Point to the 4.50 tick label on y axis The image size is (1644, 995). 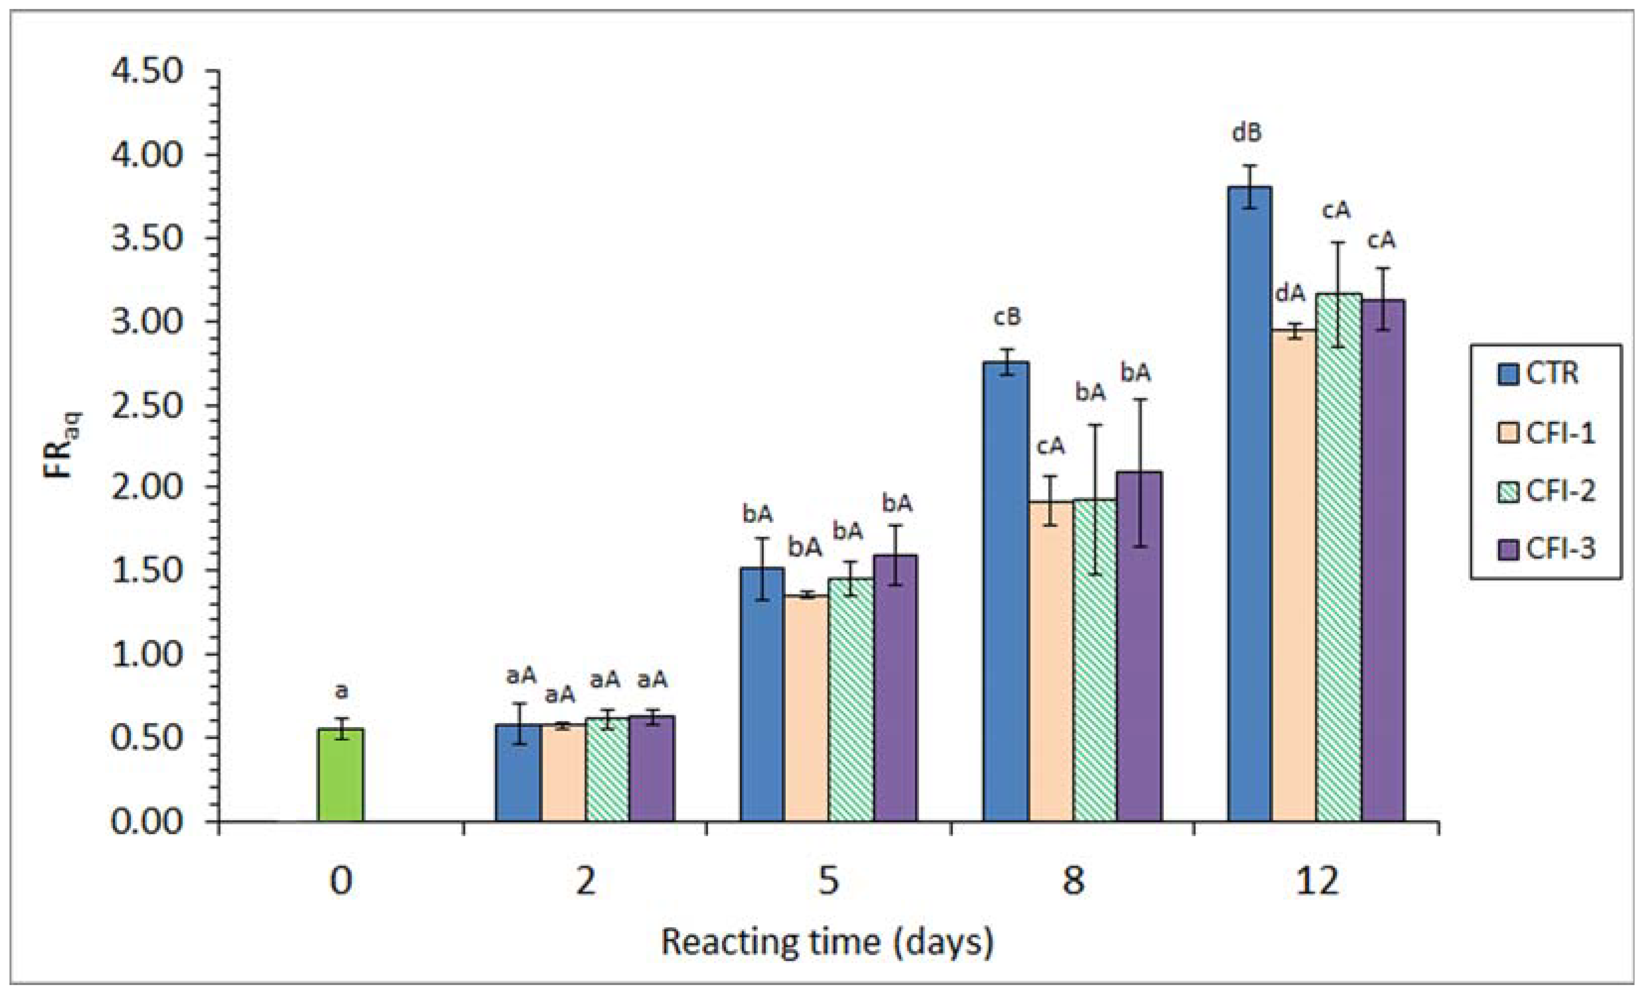tap(146, 71)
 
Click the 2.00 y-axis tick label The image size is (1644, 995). tap(146, 488)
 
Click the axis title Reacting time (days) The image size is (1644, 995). tap(827, 942)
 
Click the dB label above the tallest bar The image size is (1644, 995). tap(1246, 133)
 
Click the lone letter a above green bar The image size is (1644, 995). tap(341, 691)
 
